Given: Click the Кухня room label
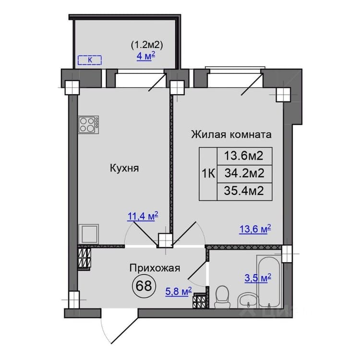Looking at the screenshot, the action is (x=124, y=168).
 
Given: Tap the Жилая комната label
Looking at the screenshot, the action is (x=231, y=134).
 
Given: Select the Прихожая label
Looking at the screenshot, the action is (x=155, y=268).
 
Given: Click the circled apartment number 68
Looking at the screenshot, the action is (x=144, y=286).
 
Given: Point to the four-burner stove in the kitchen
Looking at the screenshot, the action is (x=89, y=124).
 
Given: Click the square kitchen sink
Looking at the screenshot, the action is (x=89, y=234).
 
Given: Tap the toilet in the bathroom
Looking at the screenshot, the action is (x=222, y=297).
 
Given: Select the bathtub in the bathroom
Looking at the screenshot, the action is (x=269, y=282).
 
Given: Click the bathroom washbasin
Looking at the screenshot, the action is (x=248, y=300).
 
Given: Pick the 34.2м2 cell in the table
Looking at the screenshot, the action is (x=244, y=173).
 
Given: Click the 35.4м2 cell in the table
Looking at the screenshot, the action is (x=244, y=191).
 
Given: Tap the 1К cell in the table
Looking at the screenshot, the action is (x=208, y=174).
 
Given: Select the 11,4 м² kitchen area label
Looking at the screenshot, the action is (x=143, y=216).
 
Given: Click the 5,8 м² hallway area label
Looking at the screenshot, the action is (x=179, y=291).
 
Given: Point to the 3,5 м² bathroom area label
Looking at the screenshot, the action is (x=258, y=278).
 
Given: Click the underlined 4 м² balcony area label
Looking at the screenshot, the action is (x=146, y=56).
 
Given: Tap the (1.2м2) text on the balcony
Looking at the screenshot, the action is (x=147, y=45).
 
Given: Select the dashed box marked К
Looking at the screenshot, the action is (x=90, y=60).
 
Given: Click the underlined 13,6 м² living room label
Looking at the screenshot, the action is (x=255, y=229).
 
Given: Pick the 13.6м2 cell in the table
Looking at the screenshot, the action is (x=244, y=156).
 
